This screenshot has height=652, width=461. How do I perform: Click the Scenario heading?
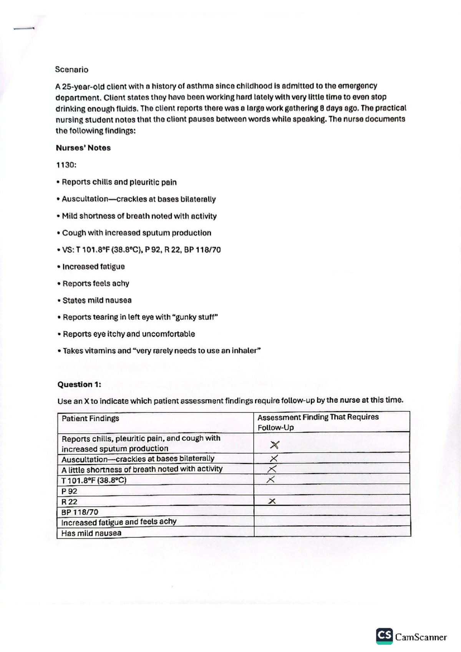tap(71, 70)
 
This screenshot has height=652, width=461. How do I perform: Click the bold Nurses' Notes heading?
tap(83, 148)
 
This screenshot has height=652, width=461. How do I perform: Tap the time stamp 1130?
tap(66, 165)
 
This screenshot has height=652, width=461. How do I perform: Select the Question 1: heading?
tap(79, 384)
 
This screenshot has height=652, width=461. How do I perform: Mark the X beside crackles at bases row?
tap(274, 458)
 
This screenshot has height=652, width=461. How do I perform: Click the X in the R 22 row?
tap(272, 501)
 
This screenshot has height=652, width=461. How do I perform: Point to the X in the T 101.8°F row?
tap(271, 479)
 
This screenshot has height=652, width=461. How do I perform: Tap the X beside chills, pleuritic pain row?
tap(274, 445)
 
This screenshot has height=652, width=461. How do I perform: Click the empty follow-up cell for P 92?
tap(332, 490)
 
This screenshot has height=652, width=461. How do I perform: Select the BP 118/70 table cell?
tap(80, 512)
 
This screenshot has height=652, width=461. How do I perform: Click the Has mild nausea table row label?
tap(91, 533)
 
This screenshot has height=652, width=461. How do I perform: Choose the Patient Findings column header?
tap(90, 419)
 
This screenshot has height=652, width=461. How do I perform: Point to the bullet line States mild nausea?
tap(97, 300)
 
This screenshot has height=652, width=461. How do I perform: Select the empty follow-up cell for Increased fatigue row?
tap(332, 521)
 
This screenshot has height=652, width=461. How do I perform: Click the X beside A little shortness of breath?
tap(272, 469)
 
